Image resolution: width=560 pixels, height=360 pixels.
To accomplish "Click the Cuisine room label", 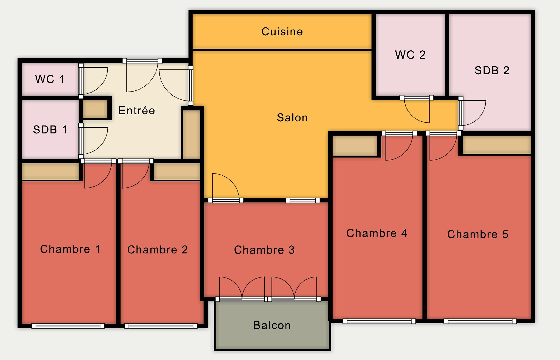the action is [282, 32].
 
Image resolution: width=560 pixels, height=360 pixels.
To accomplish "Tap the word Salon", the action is [292, 118].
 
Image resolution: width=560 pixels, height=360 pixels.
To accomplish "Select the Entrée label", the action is [137, 110].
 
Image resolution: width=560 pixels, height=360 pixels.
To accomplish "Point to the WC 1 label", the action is [50, 79].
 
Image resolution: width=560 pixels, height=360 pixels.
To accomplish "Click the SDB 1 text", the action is [50, 130].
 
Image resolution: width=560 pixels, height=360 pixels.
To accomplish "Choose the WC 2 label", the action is [410, 55].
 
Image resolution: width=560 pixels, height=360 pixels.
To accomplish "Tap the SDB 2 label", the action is [492, 71].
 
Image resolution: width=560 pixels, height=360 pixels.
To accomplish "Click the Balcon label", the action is [272, 325].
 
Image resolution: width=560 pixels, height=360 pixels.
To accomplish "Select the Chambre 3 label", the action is [264, 250].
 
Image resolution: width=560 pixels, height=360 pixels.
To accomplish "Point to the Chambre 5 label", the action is [478, 235].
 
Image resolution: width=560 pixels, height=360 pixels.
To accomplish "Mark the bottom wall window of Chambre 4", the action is [379, 321].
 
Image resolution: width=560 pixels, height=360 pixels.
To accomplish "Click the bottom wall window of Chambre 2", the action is [161, 326].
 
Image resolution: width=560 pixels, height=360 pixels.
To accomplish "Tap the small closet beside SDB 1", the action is [95, 109].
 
